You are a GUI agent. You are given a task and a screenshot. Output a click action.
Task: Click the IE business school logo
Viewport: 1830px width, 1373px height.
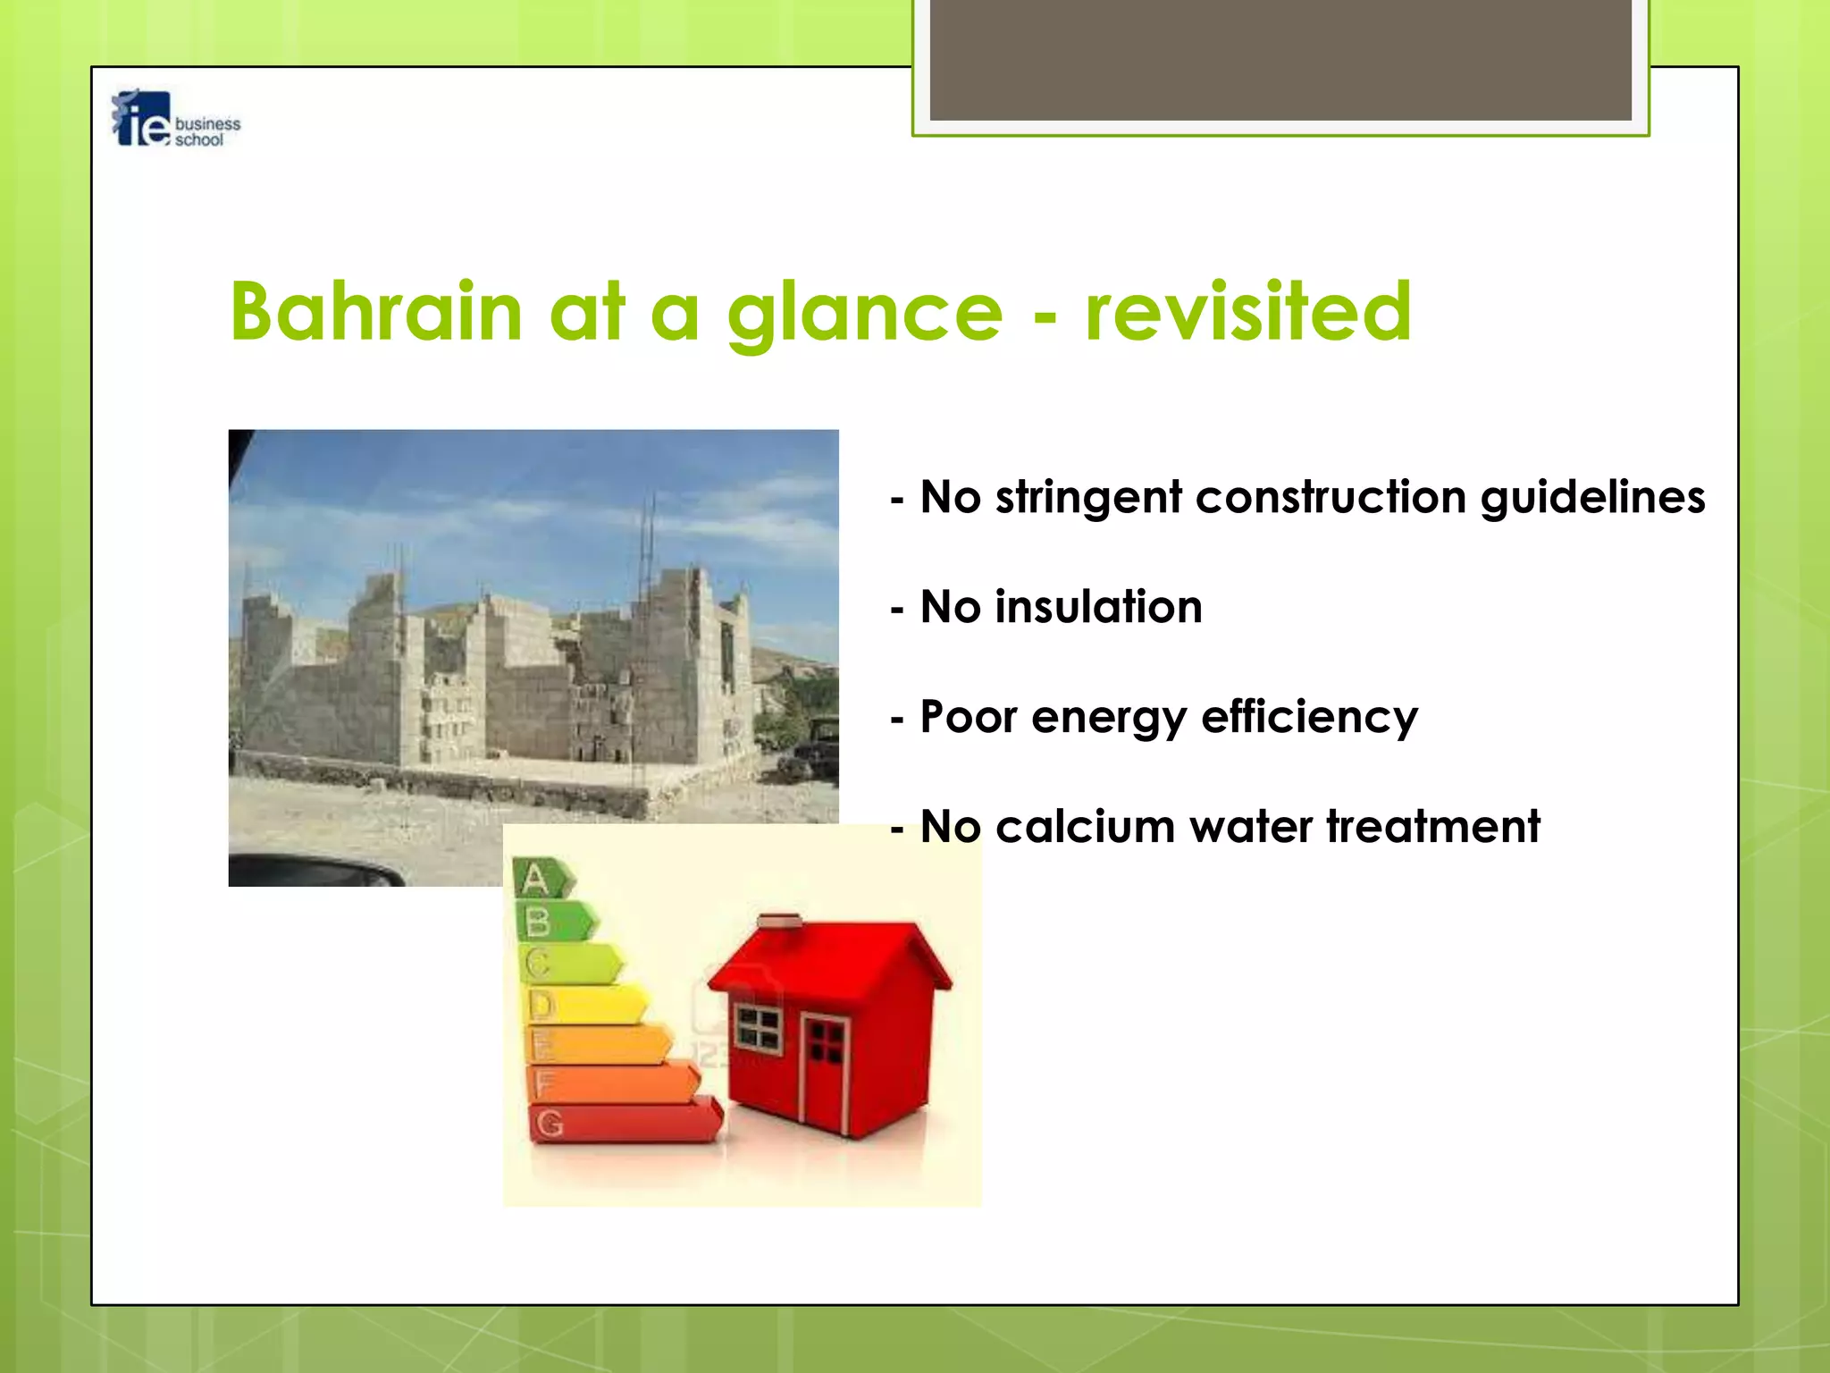[175, 120]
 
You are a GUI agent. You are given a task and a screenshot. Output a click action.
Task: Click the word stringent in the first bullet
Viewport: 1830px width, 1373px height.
[1088, 498]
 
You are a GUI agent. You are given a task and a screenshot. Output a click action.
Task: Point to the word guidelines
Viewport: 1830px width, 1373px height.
[1592, 498]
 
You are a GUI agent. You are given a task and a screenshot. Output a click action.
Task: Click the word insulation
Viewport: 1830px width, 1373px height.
[1098, 607]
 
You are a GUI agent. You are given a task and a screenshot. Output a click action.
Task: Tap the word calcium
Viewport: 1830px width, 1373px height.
[1084, 827]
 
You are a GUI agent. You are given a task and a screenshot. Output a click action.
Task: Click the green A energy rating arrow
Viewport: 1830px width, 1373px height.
[541, 880]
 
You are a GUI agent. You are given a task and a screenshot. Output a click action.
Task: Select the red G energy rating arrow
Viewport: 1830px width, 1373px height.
[625, 1123]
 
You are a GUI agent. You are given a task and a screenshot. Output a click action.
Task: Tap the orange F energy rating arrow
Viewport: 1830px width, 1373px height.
[612, 1083]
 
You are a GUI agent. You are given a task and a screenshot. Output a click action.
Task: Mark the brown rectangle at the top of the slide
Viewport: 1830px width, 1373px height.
[1280, 59]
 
